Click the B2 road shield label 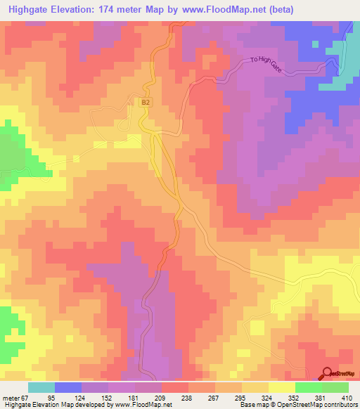[x=146, y=103]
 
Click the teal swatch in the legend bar [x=41, y=387]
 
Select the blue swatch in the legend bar [x=68, y=387]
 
